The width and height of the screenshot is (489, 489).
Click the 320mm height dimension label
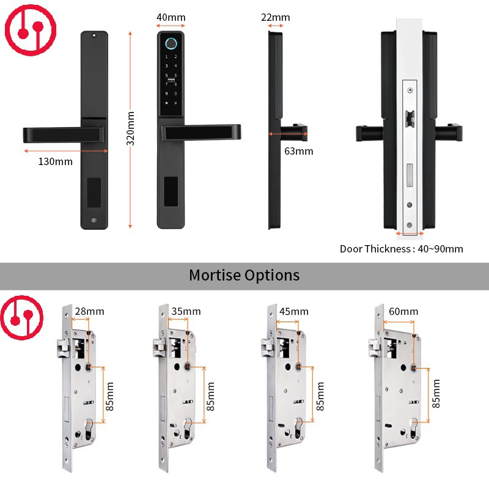[130, 128]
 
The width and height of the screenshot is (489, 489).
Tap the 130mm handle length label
[56, 161]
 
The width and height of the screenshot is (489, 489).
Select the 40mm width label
[171, 17]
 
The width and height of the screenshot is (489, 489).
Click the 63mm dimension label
[299, 151]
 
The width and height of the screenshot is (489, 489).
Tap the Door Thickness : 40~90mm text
[402, 249]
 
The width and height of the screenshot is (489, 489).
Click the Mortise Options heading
[244, 274]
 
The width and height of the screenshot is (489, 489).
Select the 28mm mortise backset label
[89, 312]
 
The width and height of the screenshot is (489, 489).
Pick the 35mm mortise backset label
[185, 312]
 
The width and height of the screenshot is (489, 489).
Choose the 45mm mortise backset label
[293, 312]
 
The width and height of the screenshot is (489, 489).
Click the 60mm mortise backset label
[403, 312]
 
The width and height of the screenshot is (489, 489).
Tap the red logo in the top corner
[29, 29]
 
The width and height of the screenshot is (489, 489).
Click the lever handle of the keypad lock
[202, 131]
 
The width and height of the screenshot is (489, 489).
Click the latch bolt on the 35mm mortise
[158, 349]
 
